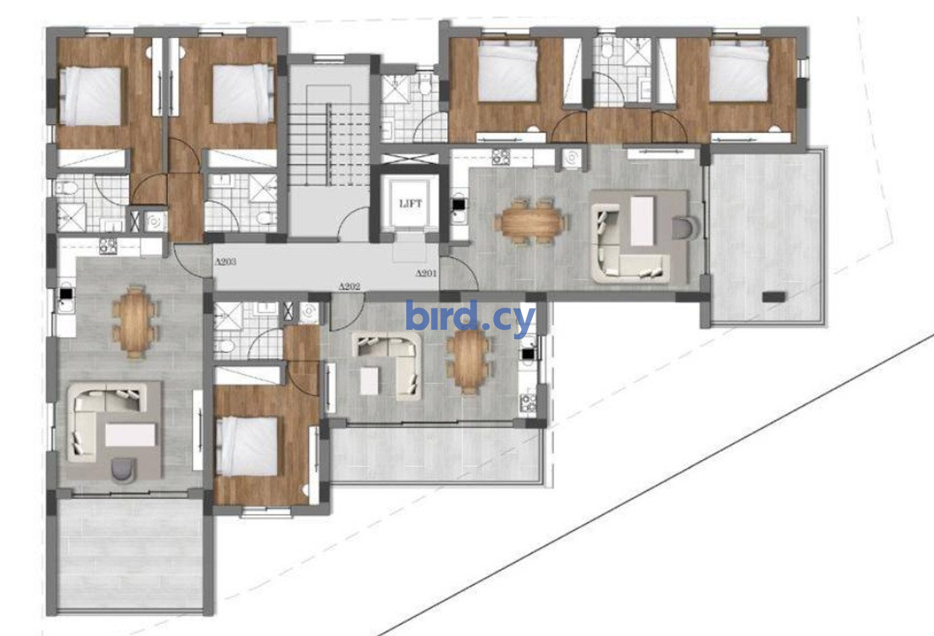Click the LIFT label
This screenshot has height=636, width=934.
click(411, 204)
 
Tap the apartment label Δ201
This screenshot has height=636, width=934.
click(426, 273)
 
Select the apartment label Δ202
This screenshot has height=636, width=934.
click(350, 287)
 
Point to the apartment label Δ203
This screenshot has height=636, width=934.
click(226, 262)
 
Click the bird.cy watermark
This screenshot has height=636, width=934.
click(470, 317)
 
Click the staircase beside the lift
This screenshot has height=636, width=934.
click(330, 136)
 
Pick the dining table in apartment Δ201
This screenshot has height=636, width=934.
click(531, 220)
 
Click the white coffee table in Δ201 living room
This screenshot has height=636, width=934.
click(643, 220)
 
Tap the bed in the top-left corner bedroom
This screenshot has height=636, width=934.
click(90, 96)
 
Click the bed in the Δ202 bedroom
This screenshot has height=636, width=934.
click(248, 446)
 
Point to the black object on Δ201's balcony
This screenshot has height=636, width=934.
click(773, 297)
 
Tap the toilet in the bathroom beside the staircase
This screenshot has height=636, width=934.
click(426, 86)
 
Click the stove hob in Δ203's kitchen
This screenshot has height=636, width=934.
click(108, 246)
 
